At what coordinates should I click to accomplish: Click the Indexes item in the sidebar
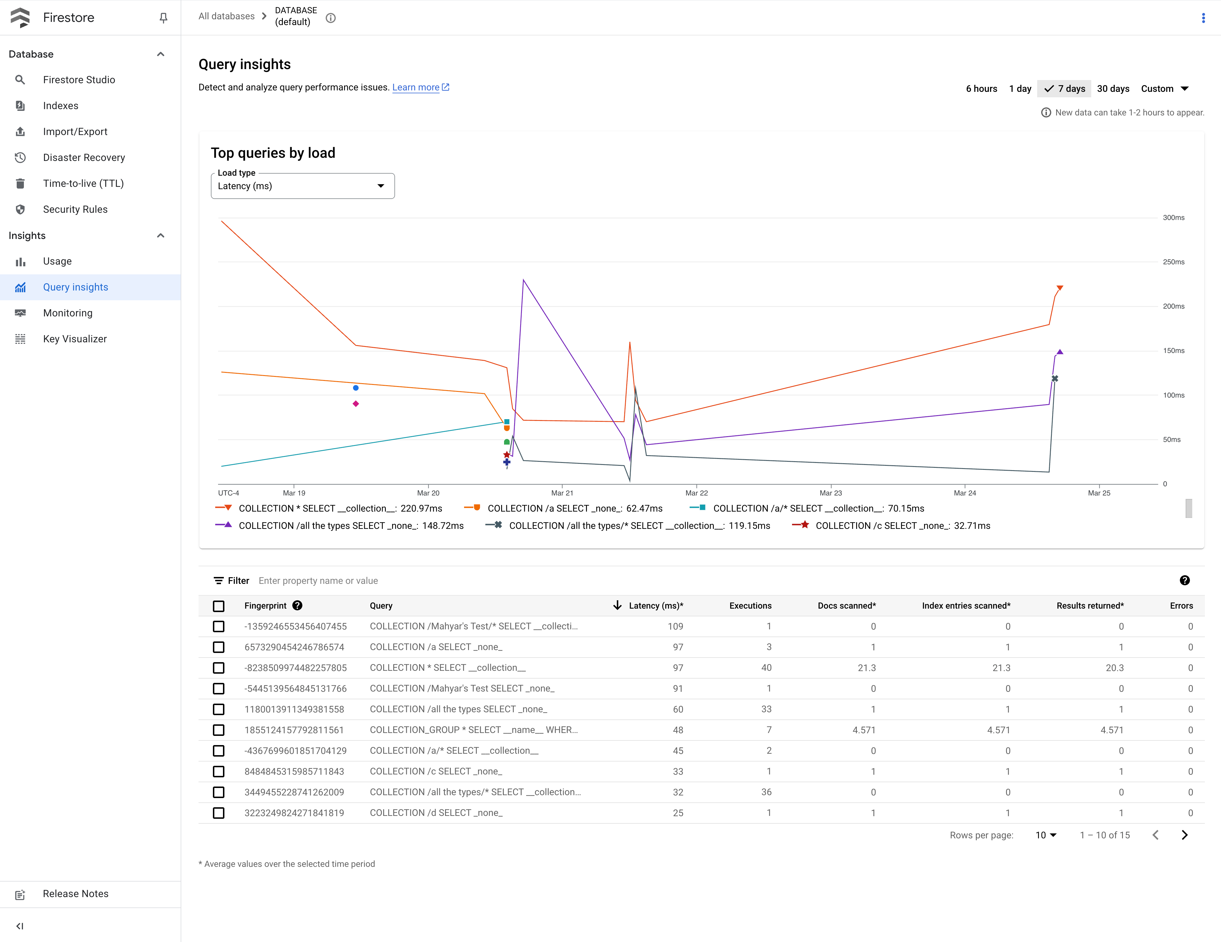[x=60, y=106]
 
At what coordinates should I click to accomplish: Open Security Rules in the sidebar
[x=75, y=209]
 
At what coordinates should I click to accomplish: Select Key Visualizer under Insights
[x=74, y=339]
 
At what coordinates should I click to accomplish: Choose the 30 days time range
[x=1113, y=88]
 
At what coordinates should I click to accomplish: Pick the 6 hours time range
[x=981, y=88]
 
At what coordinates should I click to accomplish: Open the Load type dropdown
[x=302, y=186]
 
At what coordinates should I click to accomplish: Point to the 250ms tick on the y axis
[x=1174, y=262]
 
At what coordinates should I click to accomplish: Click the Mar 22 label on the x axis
[x=696, y=493]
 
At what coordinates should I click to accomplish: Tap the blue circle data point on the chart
[x=356, y=388]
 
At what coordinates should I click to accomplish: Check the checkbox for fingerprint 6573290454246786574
[x=219, y=647]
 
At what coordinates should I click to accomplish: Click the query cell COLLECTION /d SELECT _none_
[x=436, y=813]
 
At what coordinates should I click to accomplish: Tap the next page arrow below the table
[x=1184, y=835]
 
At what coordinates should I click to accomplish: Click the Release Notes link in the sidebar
[x=75, y=894]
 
